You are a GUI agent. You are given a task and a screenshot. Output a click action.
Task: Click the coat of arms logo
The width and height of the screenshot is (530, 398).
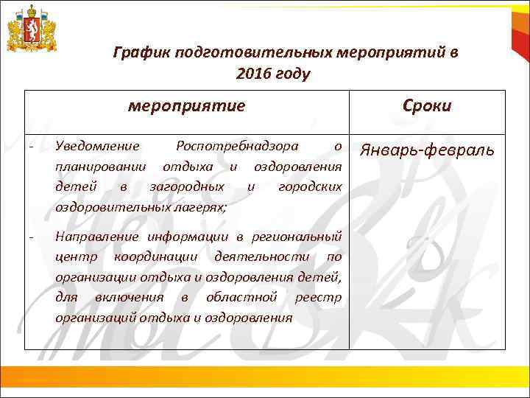31,29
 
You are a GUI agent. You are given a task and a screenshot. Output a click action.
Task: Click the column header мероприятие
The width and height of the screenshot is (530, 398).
186,105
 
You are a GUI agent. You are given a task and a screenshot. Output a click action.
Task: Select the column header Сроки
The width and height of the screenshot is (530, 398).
427,105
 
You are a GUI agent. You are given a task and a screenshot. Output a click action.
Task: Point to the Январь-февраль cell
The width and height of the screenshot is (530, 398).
427,151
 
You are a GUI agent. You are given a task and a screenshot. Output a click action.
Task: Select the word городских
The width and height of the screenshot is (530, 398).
310,186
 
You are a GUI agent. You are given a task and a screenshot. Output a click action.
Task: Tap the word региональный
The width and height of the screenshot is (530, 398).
296,237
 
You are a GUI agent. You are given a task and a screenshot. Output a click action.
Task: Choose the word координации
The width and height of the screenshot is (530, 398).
155,257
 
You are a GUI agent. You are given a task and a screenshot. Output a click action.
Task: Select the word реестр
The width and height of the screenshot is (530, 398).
318,297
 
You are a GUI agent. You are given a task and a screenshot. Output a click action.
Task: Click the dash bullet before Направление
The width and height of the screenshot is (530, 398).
31,237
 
